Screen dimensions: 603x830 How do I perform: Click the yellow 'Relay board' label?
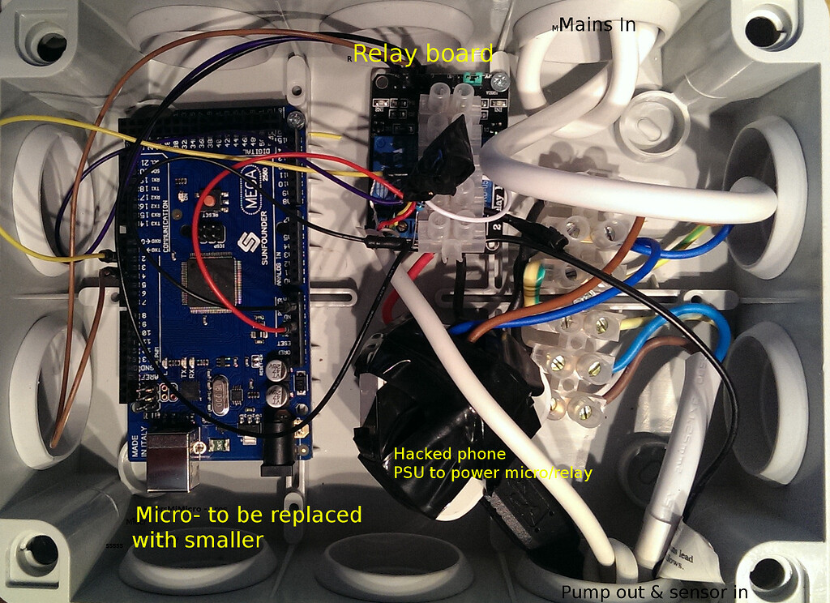click(x=422, y=54)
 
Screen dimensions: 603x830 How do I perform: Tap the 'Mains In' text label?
click(x=597, y=25)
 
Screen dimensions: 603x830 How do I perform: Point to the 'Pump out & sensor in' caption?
click(x=654, y=592)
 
